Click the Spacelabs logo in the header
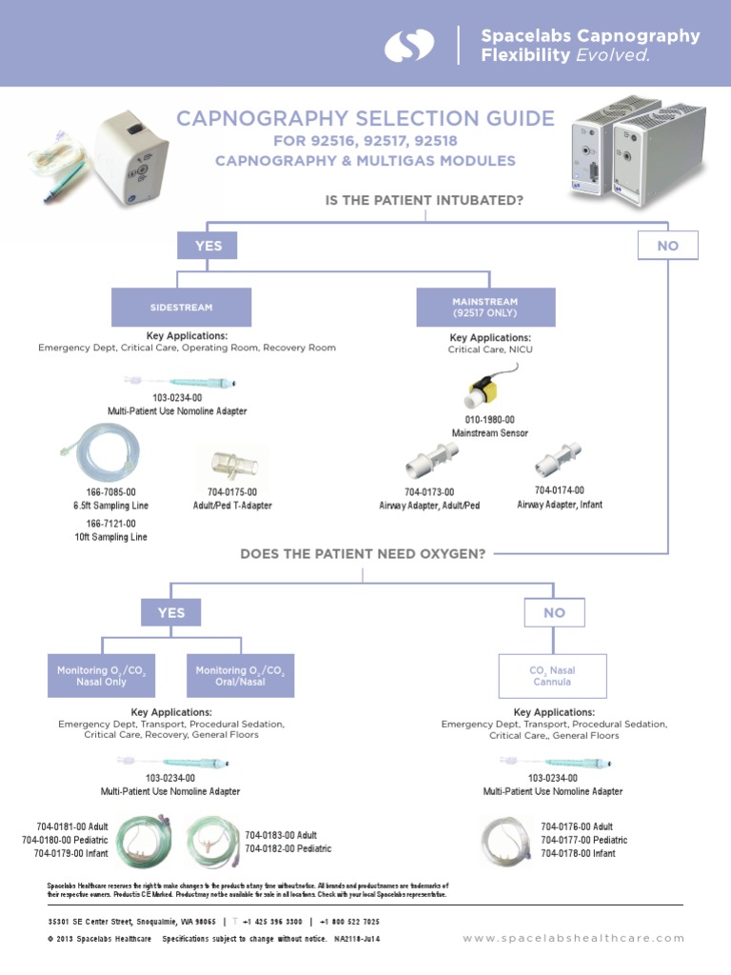(409, 45)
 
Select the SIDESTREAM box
(181, 308)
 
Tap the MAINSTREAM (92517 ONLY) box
(485, 308)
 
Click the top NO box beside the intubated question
(667, 246)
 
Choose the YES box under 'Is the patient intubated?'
(208, 246)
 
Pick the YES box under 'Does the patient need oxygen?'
(171, 612)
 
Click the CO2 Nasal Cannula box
(552, 676)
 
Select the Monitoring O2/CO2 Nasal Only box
(101, 676)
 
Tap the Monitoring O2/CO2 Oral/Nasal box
(240, 676)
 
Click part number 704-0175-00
(231, 492)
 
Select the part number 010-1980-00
(489, 420)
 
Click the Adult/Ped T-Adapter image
(231, 463)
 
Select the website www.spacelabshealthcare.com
(573, 938)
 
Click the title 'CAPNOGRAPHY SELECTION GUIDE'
(365, 118)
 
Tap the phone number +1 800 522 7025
(349, 922)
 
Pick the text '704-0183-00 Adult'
(281, 835)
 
